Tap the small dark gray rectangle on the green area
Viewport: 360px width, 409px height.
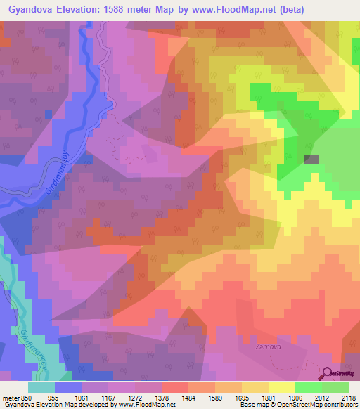[x=311, y=159]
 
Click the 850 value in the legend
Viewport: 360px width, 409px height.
[x=28, y=398]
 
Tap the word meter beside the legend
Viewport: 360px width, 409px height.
[x=10, y=398]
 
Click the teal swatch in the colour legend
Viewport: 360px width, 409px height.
[x=41, y=387]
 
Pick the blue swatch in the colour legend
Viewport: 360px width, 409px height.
[x=68, y=387]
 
